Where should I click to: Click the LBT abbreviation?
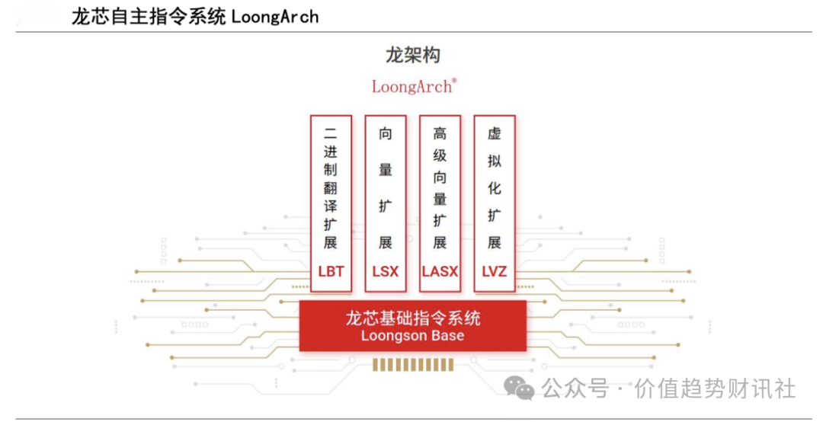pos(331,271)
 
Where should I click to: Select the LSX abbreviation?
pos(386,271)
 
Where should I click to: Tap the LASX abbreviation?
pos(440,271)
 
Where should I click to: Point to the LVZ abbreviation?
pos(495,271)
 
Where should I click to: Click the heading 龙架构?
pos(413,55)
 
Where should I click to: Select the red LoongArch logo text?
pos(411,87)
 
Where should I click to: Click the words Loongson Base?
pos(412,335)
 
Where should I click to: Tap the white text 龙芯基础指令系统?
pos(412,318)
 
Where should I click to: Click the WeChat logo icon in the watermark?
pos(519,389)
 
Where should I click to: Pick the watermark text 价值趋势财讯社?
pos(715,389)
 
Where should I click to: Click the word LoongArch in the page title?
pos(275,17)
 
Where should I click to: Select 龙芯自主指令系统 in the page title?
pos(149,17)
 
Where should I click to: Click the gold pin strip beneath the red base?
pos(412,366)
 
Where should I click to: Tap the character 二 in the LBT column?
pos(331,133)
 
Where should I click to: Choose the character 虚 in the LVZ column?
pos(495,133)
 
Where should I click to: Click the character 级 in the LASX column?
pos(440,155)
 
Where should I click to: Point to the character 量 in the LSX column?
pos(386,170)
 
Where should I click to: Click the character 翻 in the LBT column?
pos(331,188)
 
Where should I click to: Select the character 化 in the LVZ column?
pos(495,188)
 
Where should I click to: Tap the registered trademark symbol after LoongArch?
pos(454,80)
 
